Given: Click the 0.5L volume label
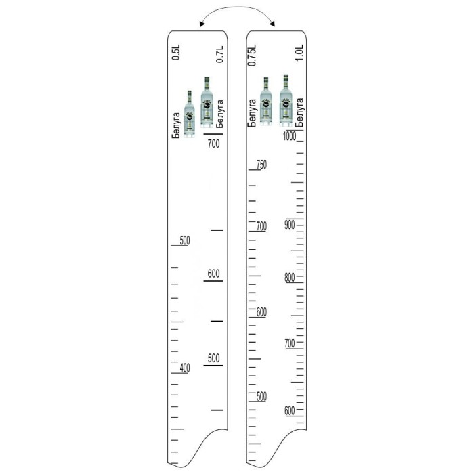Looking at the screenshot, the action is point(176,52).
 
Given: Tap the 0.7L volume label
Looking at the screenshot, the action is point(220,54).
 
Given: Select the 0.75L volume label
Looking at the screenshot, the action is point(252,55).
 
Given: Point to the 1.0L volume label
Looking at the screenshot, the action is point(299,53).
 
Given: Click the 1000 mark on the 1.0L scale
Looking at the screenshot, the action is point(290,136).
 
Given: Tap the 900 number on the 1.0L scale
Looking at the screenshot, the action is point(290,225).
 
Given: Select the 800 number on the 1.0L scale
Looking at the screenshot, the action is point(290,277).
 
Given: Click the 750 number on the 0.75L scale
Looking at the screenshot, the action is point(262,165).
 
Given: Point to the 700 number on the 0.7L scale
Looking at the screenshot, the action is point(214,144).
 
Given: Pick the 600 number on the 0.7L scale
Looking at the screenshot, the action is point(214,274).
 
